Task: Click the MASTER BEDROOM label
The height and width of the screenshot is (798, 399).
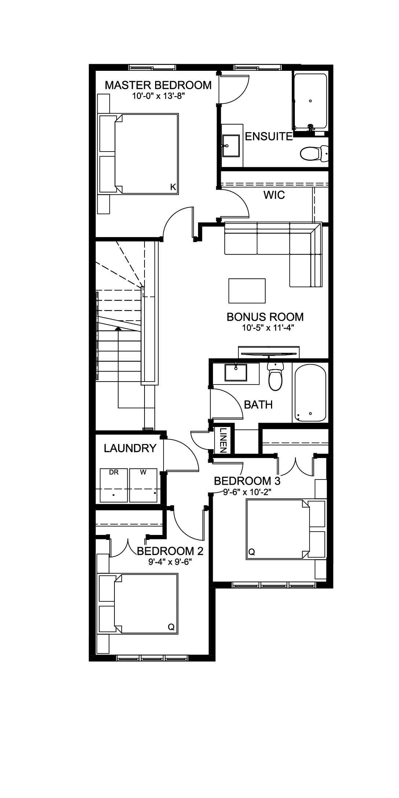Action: (158, 85)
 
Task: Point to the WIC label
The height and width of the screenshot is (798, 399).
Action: (274, 195)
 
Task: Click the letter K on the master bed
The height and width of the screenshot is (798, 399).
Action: (173, 187)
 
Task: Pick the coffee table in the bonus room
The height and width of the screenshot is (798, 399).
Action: (247, 291)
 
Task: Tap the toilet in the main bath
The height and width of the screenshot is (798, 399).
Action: (275, 376)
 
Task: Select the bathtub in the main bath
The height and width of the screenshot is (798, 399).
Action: (310, 393)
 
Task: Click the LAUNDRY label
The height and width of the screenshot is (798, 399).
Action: (130, 448)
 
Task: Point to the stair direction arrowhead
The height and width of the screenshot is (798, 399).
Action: (118, 328)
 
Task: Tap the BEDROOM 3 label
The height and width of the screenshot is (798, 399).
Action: (247, 481)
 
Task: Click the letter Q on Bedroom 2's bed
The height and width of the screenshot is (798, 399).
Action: (171, 627)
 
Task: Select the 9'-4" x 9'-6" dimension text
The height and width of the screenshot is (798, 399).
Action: (170, 562)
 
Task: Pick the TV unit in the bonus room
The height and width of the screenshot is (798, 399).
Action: (269, 352)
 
